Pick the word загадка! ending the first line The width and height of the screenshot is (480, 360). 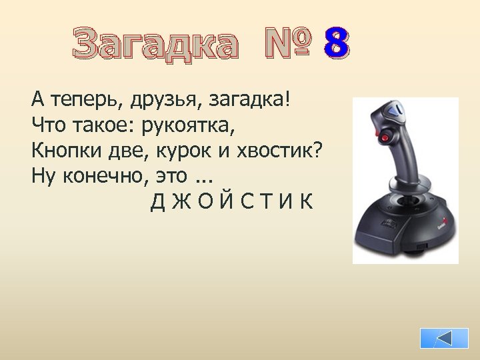point(250,101)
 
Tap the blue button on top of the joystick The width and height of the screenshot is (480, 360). point(397,111)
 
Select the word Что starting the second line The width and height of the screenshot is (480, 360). point(45,125)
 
